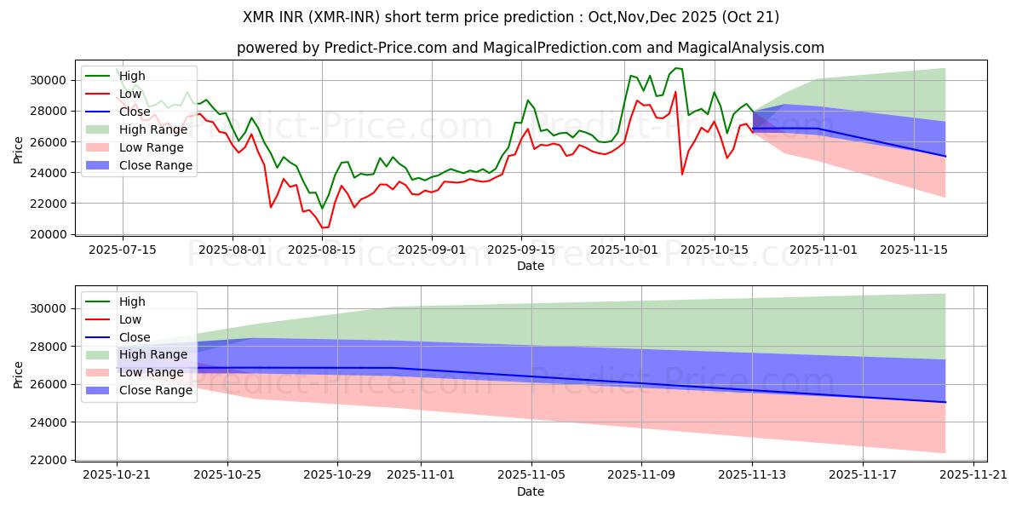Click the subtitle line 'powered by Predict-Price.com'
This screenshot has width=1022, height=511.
[x=530, y=49]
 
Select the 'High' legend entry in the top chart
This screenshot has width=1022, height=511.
[x=132, y=76]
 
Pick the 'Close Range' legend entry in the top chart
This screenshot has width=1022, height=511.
[x=158, y=165]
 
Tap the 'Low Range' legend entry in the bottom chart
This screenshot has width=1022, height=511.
[x=154, y=372]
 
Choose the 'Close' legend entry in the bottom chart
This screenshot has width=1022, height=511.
[x=135, y=336]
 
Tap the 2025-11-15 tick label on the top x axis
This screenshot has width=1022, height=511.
[x=914, y=250]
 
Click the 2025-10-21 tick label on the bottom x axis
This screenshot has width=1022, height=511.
[x=118, y=475]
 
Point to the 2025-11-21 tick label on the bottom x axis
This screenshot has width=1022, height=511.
[x=973, y=475]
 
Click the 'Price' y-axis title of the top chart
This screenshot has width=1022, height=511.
[x=19, y=149]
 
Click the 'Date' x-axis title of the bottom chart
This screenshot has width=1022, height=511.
[x=530, y=491]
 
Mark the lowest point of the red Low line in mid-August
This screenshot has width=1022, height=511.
[x=323, y=227]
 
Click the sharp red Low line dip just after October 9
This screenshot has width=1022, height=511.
[x=682, y=175]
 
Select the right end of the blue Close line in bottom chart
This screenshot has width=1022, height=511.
[x=945, y=402]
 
